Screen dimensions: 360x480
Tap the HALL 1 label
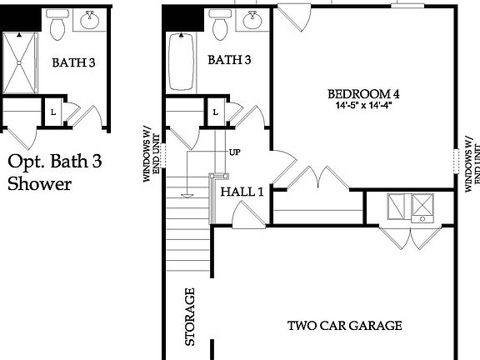click(x=242, y=192)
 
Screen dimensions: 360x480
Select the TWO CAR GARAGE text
click(x=345, y=325)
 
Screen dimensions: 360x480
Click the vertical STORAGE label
click(x=189, y=317)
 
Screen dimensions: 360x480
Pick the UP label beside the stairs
click(x=236, y=152)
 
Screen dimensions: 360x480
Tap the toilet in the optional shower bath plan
click(x=58, y=27)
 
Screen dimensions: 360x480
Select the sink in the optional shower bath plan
click(x=89, y=22)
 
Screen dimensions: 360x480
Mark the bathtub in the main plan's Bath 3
click(x=180, y=62)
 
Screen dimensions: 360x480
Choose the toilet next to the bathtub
click(x=221, y=27)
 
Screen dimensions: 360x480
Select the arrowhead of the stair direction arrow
click(x=189, y=195)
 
